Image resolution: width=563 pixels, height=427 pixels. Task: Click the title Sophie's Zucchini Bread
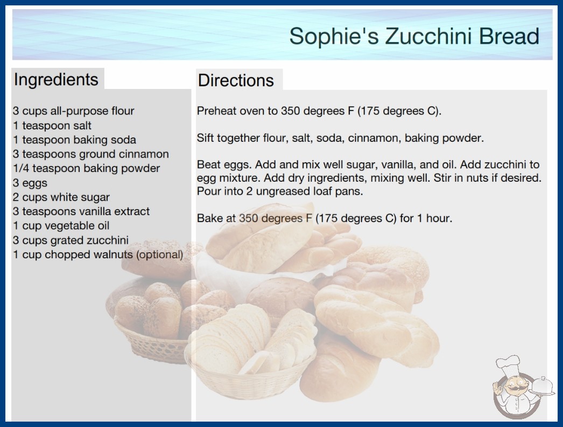coord(414,36)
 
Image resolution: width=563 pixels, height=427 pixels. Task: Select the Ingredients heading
coord(56,80)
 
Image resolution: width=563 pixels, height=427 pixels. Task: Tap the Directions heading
coord(236,80)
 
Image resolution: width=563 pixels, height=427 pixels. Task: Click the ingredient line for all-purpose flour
coord(74,111)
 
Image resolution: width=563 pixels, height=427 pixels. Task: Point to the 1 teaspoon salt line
coord(52,126)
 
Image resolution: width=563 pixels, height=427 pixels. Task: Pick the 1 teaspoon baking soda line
coord(74,140)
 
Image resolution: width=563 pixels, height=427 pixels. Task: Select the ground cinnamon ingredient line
coord(91,154)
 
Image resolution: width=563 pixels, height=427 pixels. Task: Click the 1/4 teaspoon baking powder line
coord(87,168)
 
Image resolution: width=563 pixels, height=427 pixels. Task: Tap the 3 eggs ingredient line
coord(30,183)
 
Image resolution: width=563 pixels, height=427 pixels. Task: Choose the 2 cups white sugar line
coord(61,197)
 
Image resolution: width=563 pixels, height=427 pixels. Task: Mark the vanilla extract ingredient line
coord(81,211)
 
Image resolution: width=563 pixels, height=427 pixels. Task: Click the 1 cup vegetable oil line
coord(61,225)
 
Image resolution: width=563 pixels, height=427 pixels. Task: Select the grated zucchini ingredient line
coord(71,240)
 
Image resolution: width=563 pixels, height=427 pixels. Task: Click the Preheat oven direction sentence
coord(319,111)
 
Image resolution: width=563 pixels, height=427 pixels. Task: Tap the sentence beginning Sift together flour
coord(340,138)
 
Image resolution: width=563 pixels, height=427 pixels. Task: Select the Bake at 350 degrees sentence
coord(325,218)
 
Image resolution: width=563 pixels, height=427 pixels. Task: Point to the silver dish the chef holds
coord(543,387)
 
